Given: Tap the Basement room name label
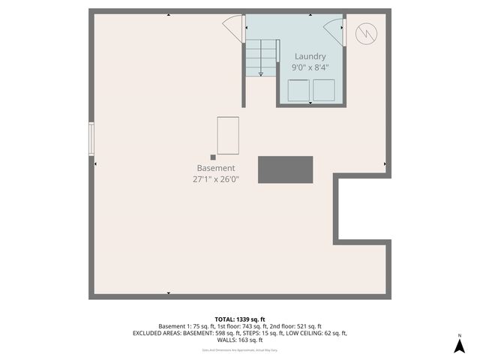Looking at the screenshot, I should pyautogui.click(x=216, y=168).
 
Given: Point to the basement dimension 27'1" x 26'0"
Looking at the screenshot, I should pyautogui.click(x=216, y=179).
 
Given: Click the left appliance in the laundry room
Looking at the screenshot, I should pyautogui.click(x=298, y=90).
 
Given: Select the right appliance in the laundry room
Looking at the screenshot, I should pyautogui.click(x=324, y=90).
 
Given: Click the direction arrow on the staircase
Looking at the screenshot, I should pyautogui.click(x=260, y=73).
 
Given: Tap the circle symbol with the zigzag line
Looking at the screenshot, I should pyautogui.click(x=366, y=33).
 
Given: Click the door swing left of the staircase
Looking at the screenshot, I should pyautogui.click(x=233, y=28).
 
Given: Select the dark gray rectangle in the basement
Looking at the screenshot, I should pyautogui.click(x=285, y=169).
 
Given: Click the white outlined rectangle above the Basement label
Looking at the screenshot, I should pyautogui.click(x=228, y=135).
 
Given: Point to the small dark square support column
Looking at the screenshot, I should pyautogui.click(x=213, y=157).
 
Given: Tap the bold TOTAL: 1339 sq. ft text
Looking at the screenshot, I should pyautogui.click(x=239, y=318).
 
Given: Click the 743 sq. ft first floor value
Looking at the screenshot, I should pyautogui.click(x=259, y=326).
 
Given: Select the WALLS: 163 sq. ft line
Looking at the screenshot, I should pyautogui.click(x=239, y=340).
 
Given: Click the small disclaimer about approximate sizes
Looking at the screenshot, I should pyautogui.click(x=239, y=349).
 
